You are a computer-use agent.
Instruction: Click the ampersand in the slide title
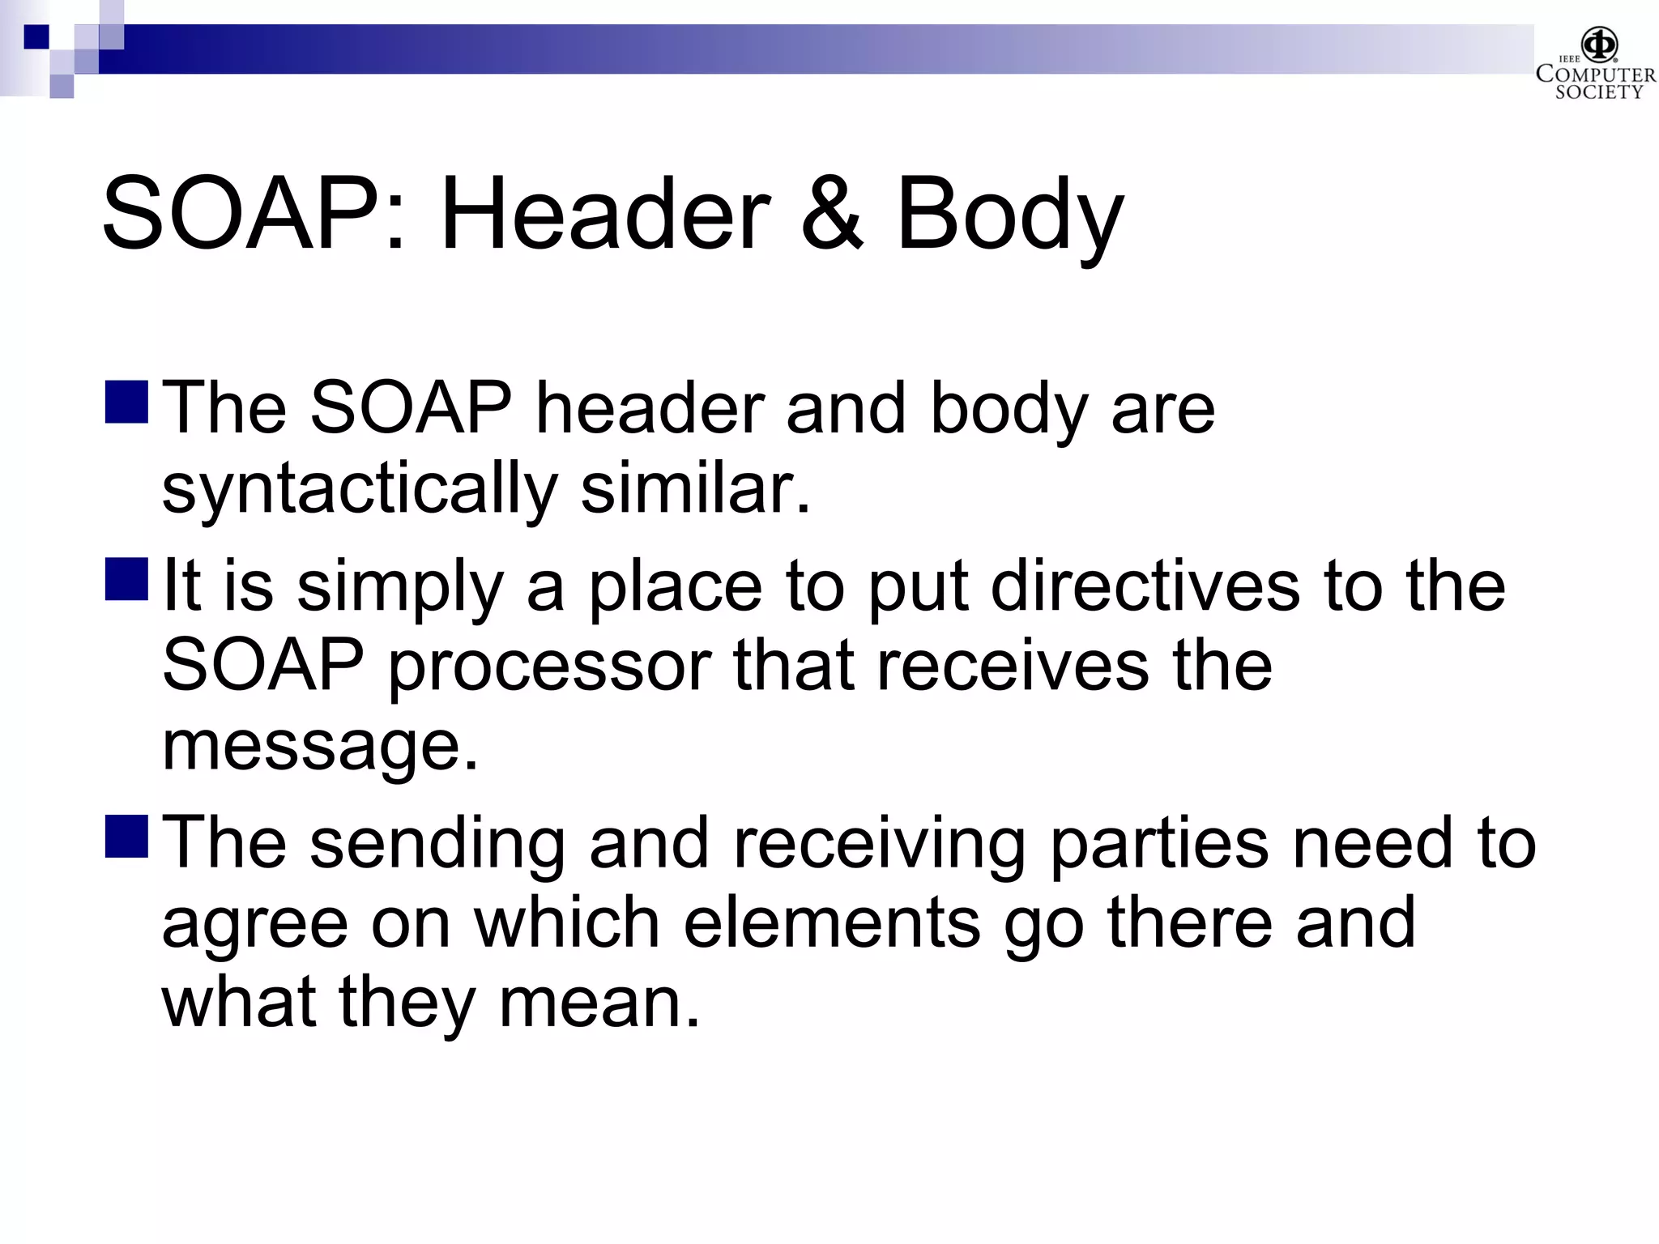click(832, 215)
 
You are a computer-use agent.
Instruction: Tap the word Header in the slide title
click(604, 215)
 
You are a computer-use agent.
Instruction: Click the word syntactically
click(359, 491)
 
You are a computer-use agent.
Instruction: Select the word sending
click(437, 843)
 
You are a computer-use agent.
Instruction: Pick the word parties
click(1158, 843)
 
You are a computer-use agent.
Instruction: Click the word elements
click(831, 922)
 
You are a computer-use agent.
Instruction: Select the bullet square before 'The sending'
click(126, 836)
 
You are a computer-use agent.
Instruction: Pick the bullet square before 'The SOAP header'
click(126, 402)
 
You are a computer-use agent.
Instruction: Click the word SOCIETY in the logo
click(1598, 92)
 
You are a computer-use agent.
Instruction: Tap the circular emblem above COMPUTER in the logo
click(1600, 44)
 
